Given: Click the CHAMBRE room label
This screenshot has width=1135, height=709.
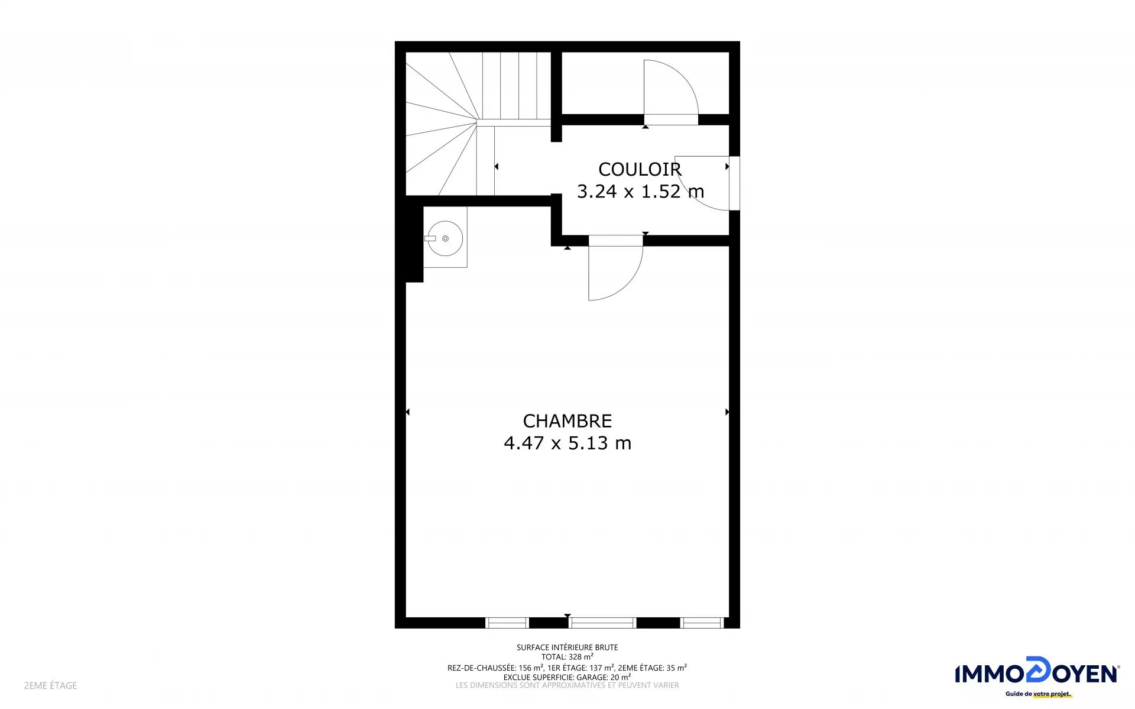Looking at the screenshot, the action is [567, 420].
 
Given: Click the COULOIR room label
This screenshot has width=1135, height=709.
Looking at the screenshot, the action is [640, 169].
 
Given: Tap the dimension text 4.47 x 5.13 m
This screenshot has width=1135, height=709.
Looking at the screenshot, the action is [567, 442].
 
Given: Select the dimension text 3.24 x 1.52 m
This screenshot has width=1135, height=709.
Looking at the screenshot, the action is [640, 191].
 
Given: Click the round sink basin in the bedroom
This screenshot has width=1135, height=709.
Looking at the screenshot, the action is [445, 238].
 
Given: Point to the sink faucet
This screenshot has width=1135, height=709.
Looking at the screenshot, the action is [430, 238].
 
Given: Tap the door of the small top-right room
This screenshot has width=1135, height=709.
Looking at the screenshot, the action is [671, 92].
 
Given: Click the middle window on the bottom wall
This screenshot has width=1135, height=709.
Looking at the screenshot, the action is [602, 623].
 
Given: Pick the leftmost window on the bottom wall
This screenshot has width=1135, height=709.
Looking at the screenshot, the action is [507, 623].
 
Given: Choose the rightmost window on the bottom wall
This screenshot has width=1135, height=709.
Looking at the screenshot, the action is [702, 623].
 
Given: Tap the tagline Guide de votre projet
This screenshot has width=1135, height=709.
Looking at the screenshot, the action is [1038, 694].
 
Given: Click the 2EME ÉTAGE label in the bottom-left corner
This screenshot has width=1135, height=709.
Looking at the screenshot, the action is [50, 685].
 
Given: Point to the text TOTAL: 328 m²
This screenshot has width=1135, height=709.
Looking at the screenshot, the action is [567, 656].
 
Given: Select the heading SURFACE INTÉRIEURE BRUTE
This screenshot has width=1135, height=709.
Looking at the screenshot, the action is [567, 648].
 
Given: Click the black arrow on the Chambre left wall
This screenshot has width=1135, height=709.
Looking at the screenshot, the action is [407, 412].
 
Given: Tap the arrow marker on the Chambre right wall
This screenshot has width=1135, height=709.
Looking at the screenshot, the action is [727, 412].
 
